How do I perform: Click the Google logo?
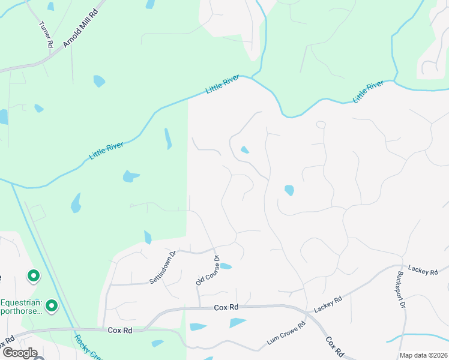pos(19,352)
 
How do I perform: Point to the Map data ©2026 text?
pos(423,355)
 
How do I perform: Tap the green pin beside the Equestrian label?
pos(52,306)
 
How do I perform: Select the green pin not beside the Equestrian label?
pos(33,276)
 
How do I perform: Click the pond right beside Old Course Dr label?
pos(226,266)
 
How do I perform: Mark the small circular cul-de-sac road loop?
pos(321,125)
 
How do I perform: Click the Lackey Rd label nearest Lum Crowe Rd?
pos(328,303)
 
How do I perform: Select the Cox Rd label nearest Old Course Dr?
pos(226,307)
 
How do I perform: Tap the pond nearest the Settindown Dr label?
pos(148,237)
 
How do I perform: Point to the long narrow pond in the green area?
pos(168,139)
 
